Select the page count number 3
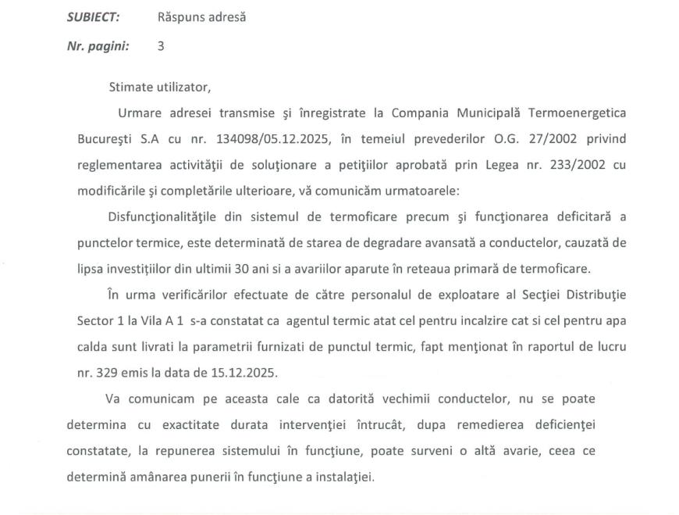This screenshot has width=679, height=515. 161,46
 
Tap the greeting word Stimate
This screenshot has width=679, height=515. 133,87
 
